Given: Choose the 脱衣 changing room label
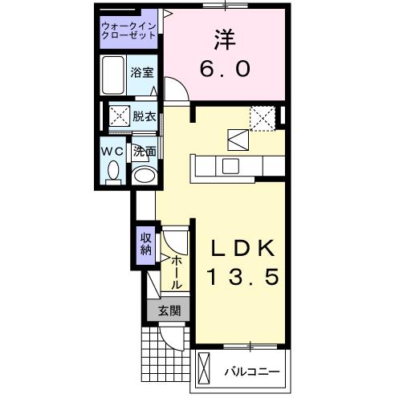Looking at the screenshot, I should (x=145, y=115).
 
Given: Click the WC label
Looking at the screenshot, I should (x=111, y=150).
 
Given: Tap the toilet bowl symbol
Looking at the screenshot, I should (x=112, y=171).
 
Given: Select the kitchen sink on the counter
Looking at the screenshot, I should (x=230, y=166).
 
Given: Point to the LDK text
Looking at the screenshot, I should (x=237, y=248).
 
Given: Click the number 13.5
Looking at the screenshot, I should (x=237, y=278).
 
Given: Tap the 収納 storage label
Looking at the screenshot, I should (x=145, y=243).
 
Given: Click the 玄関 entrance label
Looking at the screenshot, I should (x=168, y=311).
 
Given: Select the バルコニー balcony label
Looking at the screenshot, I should (x=252, y=372).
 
